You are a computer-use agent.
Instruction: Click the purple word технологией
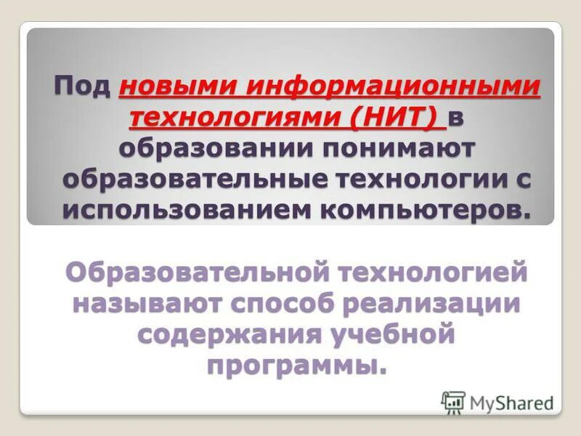[x=423, y=274]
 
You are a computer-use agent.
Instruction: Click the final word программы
[x=293, y=366]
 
